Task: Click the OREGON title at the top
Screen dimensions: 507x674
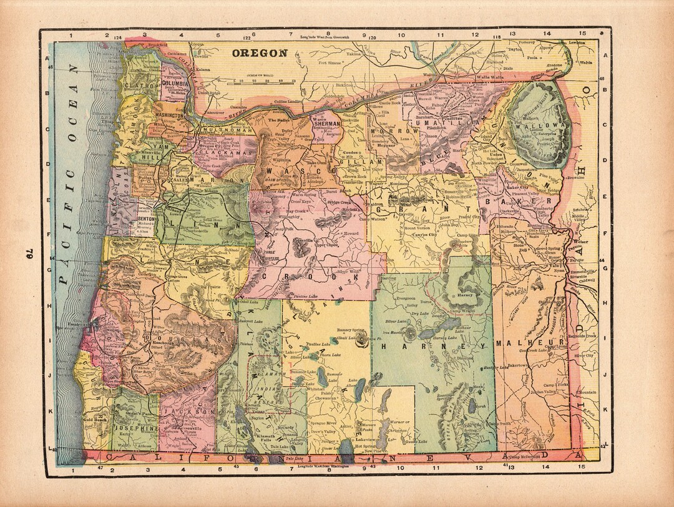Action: tap(260, 53)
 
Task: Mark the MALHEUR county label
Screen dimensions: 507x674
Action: tap(530, 343)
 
